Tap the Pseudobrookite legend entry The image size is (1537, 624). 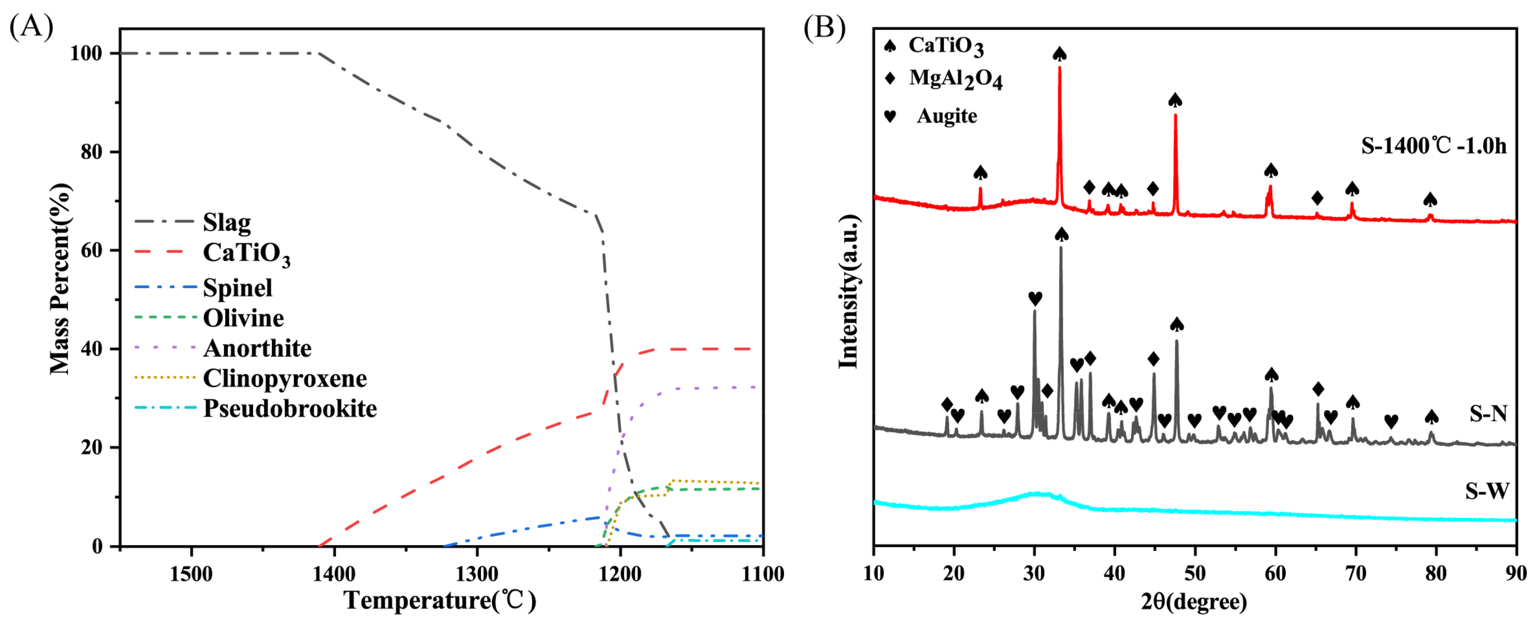click(x=290, y=409)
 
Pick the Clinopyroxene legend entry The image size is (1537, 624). click(x=285, y=378)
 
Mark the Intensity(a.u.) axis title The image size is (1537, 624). click(x=848, y=292)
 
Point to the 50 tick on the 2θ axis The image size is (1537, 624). click(x=1195, y=574)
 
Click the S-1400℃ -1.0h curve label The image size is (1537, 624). click(x=1433, y=146)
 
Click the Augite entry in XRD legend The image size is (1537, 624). click(x=946, y=116)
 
